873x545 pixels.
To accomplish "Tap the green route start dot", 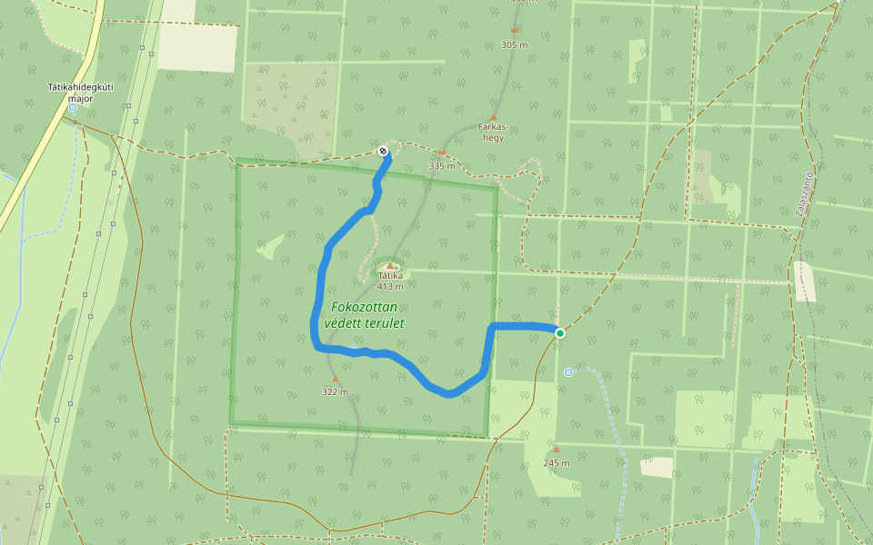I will (x=560, y=333).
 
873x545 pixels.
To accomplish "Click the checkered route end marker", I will (x=384, y=151).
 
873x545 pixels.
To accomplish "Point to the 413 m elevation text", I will (x=390, y=286).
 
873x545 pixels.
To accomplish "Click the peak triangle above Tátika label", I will (x=390, y=266).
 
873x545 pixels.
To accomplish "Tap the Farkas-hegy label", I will (x=493, y=133).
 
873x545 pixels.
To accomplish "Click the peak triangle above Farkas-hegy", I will (x=493, y=117).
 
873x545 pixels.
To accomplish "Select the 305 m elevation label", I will (x=515, y=44).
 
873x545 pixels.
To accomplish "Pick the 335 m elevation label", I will (x=442, y=166).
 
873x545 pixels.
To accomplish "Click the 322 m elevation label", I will (x=335, y=392).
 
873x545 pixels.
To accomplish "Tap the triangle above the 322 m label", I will (x=335, y=379).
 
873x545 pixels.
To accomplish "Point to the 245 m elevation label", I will (x=557, y=462).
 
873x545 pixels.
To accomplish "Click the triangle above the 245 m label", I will (x=557, y=449).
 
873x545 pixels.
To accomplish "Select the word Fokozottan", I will (x=364, y=307).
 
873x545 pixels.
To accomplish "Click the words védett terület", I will (x=364, y=323).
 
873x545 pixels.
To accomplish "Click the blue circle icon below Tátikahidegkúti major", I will (x=73, y=107).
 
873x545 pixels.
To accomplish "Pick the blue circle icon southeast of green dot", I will (x=568, y=372).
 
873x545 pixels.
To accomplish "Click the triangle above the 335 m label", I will (x=442, y=153).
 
